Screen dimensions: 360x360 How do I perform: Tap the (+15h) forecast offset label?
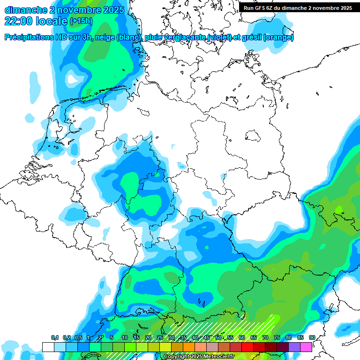tap(81, 21)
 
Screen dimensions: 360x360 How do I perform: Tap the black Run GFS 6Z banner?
tap(298, 8)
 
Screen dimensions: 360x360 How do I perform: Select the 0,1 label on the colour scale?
tap(55, 338)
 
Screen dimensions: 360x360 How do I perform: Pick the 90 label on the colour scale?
tap(312, 338)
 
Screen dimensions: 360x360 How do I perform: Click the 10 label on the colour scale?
tap(125, 338)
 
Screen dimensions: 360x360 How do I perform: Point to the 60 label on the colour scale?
tap(242, 338)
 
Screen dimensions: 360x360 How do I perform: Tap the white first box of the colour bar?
tap(48, 347)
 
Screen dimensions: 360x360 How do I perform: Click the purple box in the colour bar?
tap(294, 347)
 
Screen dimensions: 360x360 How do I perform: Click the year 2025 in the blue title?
tap(111, 9)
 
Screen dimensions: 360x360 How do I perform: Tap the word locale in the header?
tap(51, 21)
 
